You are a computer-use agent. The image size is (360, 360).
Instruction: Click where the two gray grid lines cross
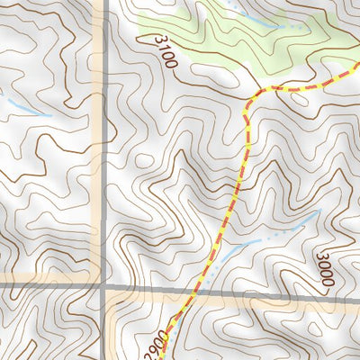pyautogui.click(x=103, y=286)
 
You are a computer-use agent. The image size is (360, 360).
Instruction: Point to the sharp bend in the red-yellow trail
pyautogui.click(x=249, y=95)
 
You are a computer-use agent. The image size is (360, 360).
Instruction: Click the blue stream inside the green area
pyautogui.click(x=261, y=22)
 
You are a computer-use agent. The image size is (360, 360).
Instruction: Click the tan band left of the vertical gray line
pyautogui.click(x=96, y=135)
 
